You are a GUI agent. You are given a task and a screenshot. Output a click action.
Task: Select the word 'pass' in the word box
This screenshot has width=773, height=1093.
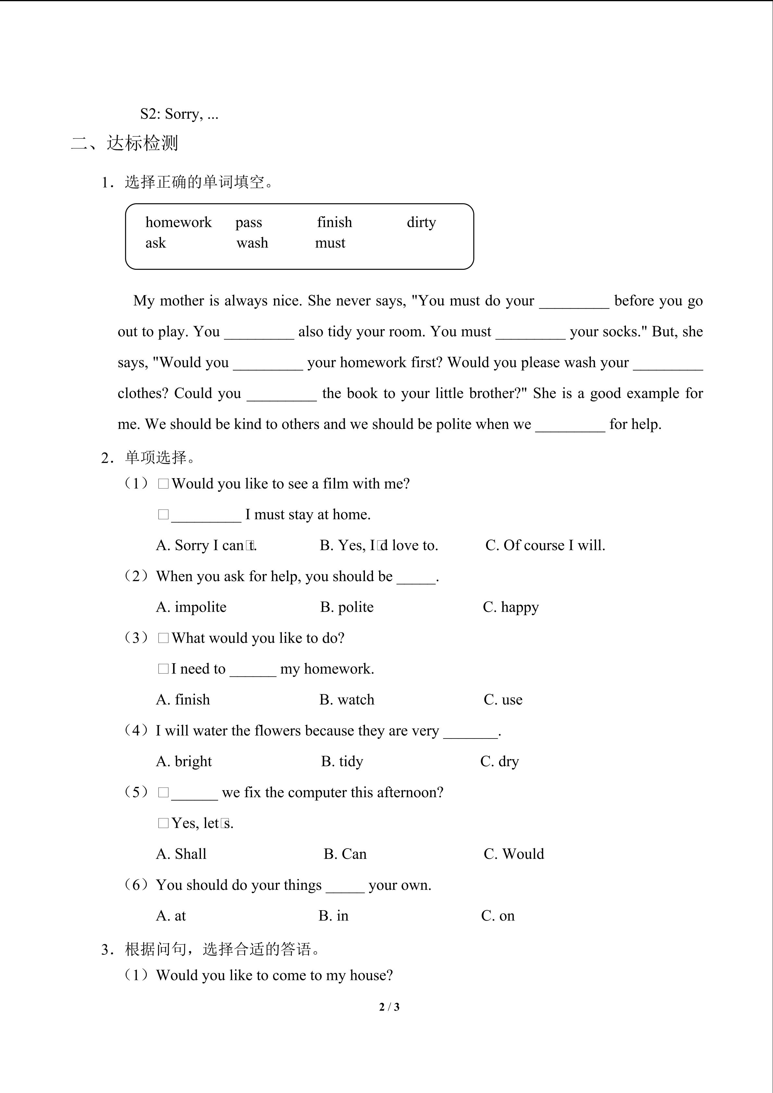pyautogui.click(x=248, y=222)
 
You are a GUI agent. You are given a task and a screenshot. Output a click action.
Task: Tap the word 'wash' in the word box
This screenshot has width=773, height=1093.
pyautogui.click(x=252, y=243)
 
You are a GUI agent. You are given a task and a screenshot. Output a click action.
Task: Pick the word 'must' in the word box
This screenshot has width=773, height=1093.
pyautogui.click(x=330, y=243)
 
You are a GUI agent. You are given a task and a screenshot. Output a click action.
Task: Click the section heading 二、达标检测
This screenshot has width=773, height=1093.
pyautogui.click(x=125, y=143)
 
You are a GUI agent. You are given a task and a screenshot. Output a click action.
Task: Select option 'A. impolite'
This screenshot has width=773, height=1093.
pyautogui.click(x=191, y=607)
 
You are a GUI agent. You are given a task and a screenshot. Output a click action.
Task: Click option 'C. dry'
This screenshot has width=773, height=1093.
pyautogui.click(x=499, y=761)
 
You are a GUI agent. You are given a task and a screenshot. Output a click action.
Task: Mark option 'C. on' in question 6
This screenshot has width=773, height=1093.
pyautogui.click(x=498, y=915)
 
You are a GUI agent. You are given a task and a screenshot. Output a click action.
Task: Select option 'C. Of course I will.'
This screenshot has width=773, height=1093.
pyautogui.click(x=545, y=545)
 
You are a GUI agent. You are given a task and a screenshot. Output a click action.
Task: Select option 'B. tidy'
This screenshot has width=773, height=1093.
pyautogui.click(x=342, y=761)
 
